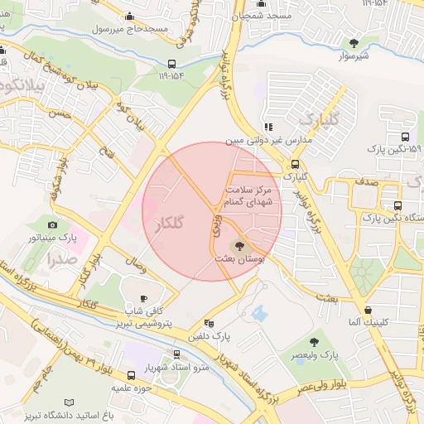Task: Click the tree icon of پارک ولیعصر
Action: (x=314, y=341)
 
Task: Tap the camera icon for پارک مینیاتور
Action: (x=53, y=224)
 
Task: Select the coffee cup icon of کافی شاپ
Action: (x=144, y=298)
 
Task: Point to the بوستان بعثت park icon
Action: (x=239, y=245)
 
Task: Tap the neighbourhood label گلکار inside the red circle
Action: (x=168, y=222)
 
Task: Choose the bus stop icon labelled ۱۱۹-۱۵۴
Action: (x=171, y=64)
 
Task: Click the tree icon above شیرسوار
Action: (x=354, y=42)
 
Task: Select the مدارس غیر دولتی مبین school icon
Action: (x=267, y=127)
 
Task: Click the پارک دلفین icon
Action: (x=208, y=324)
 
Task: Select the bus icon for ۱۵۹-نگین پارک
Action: (x=404, y=137)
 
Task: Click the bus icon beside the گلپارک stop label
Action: (x=295, y=163)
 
